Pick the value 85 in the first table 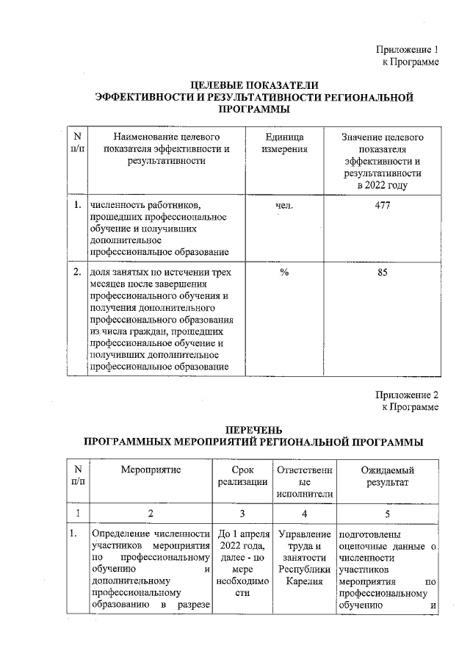(382, 273)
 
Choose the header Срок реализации (242, 475)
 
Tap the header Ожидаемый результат (387, 475)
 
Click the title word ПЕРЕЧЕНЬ (253, 429)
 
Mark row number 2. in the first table (77, 273)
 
